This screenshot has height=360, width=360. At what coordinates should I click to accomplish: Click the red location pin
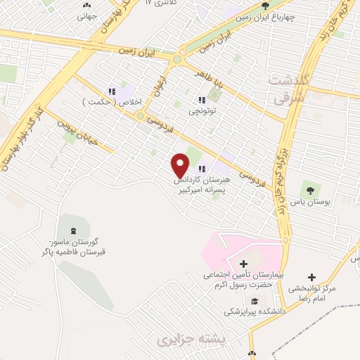181,165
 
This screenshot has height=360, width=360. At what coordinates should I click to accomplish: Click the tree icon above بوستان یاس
310,188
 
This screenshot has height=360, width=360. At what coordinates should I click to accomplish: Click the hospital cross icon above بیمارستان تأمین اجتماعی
243,264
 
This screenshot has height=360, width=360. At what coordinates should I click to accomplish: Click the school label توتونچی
202,111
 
